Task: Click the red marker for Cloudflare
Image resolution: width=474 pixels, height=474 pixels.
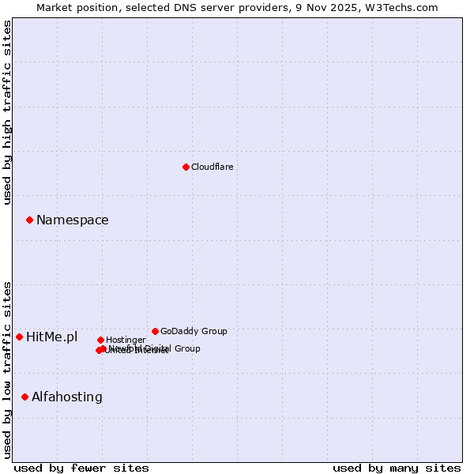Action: pos(186,167)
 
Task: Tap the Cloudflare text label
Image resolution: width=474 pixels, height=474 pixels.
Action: pos(212,167)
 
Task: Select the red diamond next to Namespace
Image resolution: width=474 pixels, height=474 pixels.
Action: pos(29,220)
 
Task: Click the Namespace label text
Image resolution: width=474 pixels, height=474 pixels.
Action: pos(72,220)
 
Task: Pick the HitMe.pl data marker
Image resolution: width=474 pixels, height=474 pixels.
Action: pos(20,337)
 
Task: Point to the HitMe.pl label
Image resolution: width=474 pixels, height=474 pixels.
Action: pos(51,337)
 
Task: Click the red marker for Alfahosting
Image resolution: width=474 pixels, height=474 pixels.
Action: pos(25,397)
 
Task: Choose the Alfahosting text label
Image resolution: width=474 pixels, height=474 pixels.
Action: pos(66,397)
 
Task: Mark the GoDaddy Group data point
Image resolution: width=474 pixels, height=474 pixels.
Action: pos(155,331)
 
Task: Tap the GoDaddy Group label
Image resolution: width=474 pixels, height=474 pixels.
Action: pos(194,331)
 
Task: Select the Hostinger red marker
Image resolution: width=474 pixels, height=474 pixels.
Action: pos(100,340)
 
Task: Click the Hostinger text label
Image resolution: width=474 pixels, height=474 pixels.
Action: pos(126,340)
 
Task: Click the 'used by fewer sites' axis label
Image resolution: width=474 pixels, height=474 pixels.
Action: pos(81,468)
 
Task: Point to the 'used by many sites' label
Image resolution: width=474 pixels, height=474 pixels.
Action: pos(397,468)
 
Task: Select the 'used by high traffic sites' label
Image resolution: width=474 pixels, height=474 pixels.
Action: pos(7,112)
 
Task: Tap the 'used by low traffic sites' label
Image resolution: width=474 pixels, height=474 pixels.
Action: pos(7,370)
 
